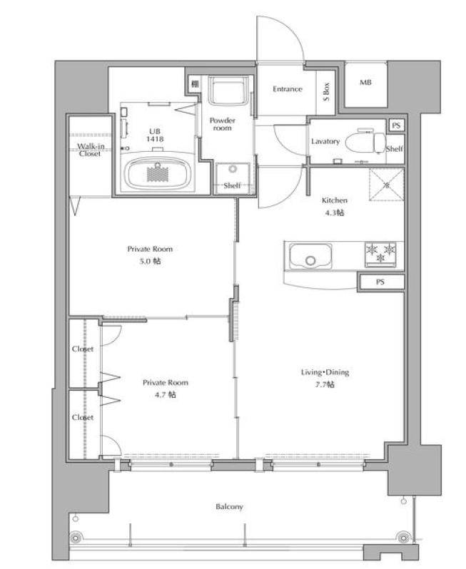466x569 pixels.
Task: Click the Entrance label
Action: point(288,89)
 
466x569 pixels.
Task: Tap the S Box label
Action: point(326,91)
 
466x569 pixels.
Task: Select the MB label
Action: point(365,83)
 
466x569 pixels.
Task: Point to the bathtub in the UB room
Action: point(158,173)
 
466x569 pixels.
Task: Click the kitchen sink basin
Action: point(310,256)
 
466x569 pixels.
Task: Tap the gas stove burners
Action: point(380,254)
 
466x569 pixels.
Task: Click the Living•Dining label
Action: point(325,372)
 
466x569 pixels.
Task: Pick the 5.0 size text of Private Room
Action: point(150,261)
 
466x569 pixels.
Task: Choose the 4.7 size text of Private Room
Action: point(166,394)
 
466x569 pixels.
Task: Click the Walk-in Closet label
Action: point(91,150)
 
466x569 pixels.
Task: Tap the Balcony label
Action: point(229,506)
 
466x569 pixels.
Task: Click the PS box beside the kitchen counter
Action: point(381,282)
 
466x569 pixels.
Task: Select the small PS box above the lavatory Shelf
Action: point(396,125)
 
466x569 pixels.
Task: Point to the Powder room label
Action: point(222,124)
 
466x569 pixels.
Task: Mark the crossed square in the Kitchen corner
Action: point(387,185)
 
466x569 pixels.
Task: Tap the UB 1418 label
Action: point(155,135)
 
